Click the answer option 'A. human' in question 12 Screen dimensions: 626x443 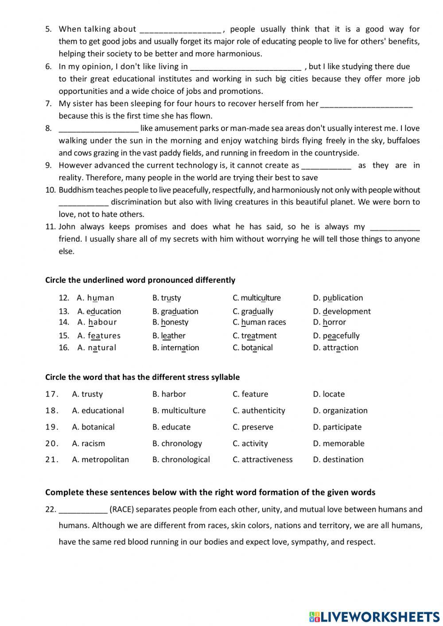tap(95, 298)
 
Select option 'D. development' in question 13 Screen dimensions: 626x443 tap(342, 311)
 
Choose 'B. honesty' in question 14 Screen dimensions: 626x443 tap(170, 322)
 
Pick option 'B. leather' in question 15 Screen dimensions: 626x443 tap(169, 336)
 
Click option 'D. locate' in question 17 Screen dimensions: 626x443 tap(328, 394)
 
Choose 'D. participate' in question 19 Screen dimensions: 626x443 tap(337, 427)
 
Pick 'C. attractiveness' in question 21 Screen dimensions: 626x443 tap(262, 460)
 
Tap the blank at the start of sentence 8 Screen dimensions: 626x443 tap(99, 130)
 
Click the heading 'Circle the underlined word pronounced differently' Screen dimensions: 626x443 tap(140, 280)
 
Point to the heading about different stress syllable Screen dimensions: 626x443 tap(142, 377)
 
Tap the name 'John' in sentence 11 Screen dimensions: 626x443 tap(67, 227)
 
